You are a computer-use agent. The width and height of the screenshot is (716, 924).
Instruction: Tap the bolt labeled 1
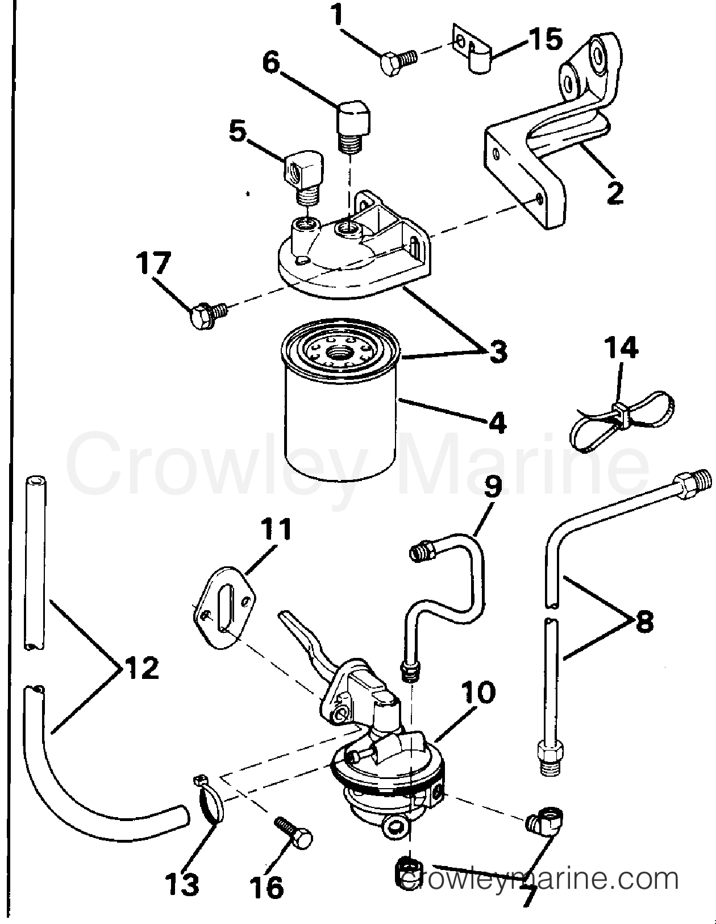point(397,59)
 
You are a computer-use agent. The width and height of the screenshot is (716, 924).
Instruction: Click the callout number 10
point(478,692)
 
